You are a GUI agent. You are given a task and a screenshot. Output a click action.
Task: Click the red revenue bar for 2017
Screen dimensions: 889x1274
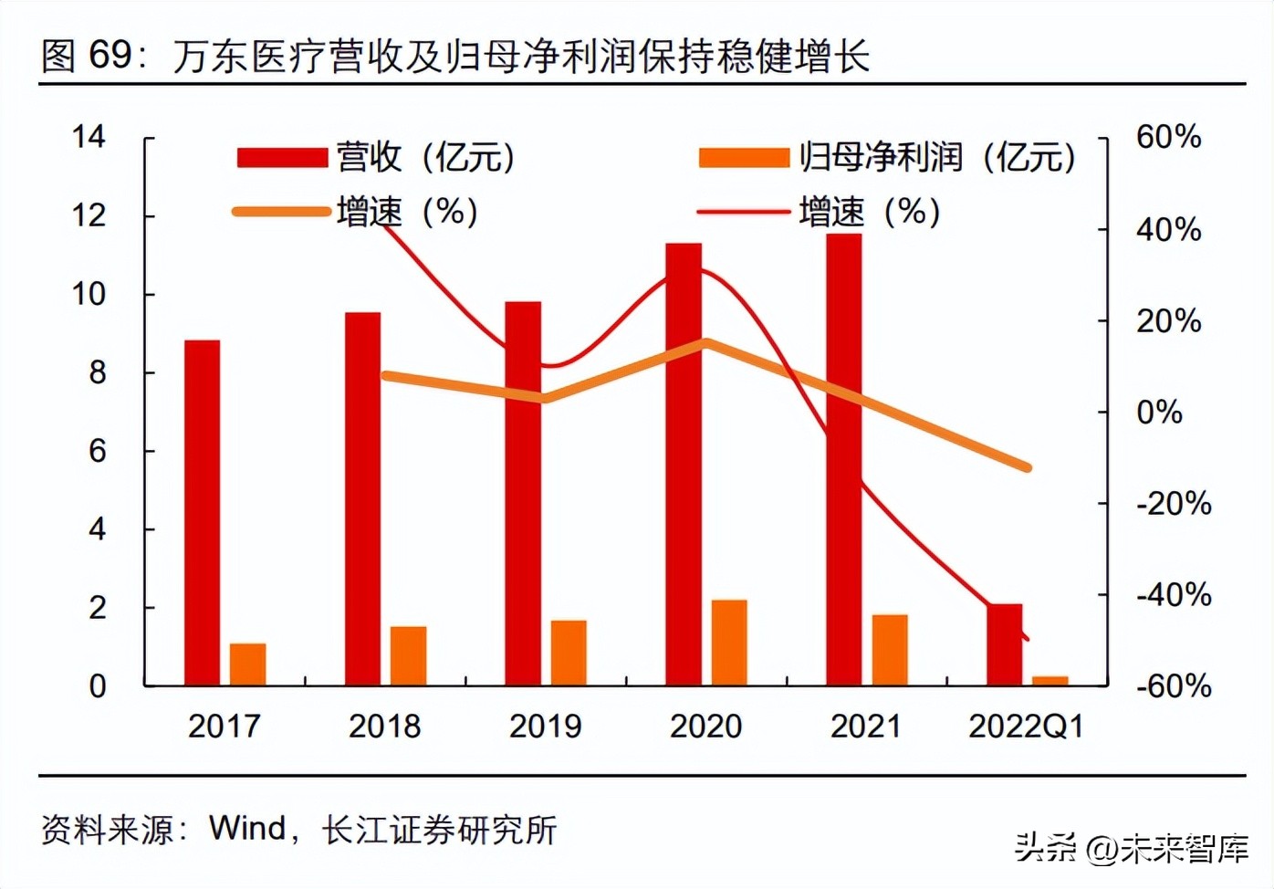[202, 512]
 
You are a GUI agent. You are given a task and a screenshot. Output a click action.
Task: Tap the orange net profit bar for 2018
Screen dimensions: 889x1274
[408, 655]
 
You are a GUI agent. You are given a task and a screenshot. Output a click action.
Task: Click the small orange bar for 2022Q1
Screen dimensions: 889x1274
[1049, 680]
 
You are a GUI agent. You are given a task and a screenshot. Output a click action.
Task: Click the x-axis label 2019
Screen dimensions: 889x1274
[545, 727]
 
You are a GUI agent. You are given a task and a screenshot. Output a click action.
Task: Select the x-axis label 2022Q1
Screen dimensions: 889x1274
[1026, 727]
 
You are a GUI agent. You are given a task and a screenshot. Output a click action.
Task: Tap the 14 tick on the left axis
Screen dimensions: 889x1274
[89, 137]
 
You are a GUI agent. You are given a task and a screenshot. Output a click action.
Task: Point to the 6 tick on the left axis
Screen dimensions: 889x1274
[97, 451]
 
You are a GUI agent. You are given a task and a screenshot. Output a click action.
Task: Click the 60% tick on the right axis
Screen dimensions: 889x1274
[1168, 137]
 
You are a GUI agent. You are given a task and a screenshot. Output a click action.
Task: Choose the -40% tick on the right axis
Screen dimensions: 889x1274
[1174, 595]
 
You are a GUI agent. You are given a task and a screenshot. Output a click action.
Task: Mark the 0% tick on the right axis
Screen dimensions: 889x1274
[1159, 412]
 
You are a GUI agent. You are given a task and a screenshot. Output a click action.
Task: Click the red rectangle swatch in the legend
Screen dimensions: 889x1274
[282, 158]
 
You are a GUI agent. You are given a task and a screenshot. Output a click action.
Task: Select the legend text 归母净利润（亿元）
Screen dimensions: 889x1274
[937, 158]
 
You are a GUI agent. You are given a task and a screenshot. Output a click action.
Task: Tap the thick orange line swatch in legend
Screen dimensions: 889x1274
[282, 212]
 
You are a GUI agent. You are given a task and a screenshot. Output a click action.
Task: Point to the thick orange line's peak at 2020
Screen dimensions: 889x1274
[706, 343]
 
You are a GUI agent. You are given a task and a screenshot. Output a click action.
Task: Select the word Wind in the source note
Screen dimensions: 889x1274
[247, 829]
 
